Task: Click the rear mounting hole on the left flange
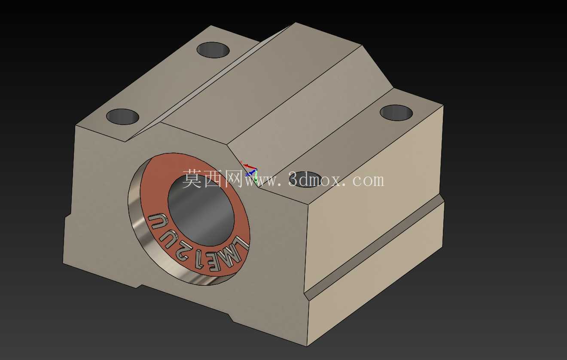213,50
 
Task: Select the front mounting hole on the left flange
123,117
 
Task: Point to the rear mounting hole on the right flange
396,112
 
